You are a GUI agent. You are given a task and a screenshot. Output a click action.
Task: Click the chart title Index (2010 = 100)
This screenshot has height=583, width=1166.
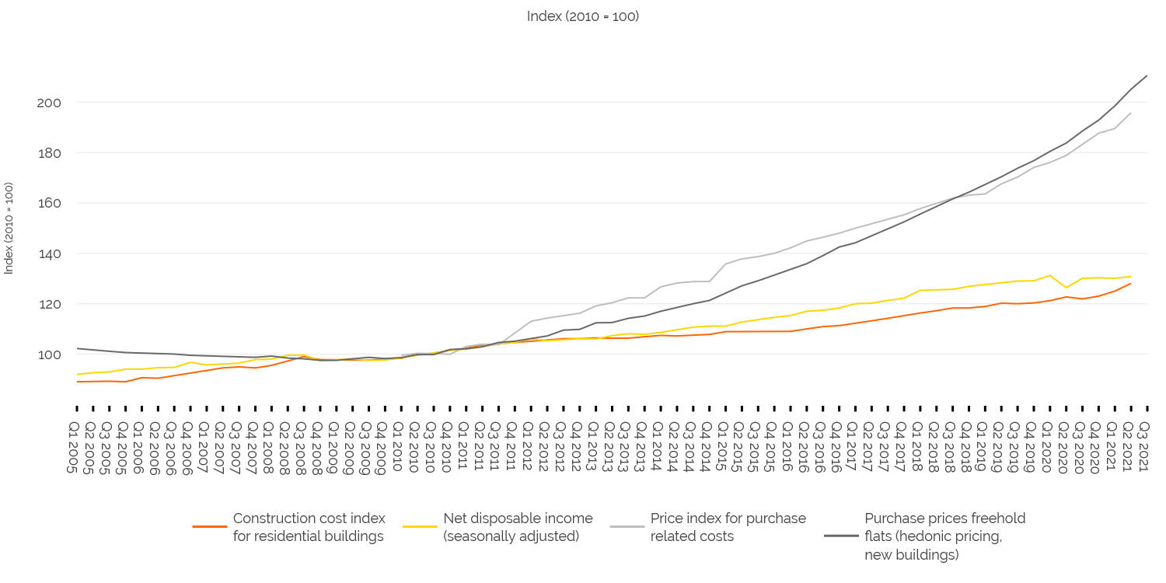coord(582,16)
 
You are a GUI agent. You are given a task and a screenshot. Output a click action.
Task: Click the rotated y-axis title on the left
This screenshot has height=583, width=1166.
coord(9,228)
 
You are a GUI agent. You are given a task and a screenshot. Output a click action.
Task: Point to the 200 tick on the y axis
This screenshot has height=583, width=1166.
coord(49,103)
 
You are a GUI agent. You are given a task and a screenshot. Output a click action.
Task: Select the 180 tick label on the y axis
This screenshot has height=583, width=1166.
coord(49,153)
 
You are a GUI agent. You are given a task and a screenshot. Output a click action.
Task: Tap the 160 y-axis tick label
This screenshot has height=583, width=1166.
coord(49,204)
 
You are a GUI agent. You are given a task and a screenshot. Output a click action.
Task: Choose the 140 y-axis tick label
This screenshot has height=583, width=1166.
coord(49,254)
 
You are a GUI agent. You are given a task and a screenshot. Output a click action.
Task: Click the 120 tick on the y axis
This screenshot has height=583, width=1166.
coord(49,304)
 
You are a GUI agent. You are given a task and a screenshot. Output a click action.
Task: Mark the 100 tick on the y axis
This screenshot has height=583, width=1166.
coord(49,354)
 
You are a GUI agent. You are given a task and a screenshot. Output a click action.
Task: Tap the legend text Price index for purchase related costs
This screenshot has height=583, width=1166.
coord(728,527)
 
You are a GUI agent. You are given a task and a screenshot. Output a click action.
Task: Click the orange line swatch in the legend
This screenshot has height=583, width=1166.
coord(209,527)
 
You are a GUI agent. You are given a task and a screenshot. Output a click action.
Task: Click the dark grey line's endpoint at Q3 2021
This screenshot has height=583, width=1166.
coord(1147,75)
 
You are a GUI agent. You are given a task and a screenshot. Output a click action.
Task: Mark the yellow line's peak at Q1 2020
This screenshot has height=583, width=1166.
coord(1049,275)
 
